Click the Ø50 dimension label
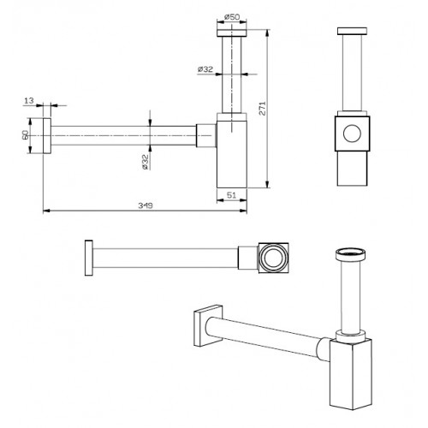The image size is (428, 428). [x=232, y=17]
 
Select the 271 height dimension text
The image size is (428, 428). [x=262, y=108]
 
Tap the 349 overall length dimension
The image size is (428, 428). [x=146, y=205]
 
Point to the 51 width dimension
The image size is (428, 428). [x=231, y=195]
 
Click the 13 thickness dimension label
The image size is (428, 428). [x=29, y=100]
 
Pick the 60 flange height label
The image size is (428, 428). [x=25, y=135]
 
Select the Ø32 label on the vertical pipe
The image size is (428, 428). [x=205, y=69]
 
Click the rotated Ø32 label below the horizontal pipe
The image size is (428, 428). [x=146, y=162]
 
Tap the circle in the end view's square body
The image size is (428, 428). [x=352, y=134]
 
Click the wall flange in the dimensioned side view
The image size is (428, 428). [x=47, y=135]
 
